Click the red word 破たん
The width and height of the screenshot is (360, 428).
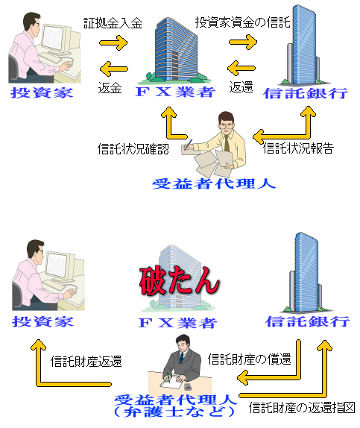[x=179, y=281]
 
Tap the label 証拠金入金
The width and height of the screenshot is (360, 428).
[x=113, y=23]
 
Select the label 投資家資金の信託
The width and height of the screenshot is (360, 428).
[x=243, y=22]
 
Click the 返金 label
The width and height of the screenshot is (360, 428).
[x=110, y=88]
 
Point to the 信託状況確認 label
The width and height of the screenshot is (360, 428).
[x=133, y=149]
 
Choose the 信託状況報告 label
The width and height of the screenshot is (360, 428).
[x=299, y=148]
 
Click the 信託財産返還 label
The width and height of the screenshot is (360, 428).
[x=86, y=362]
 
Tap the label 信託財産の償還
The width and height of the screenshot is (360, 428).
[x=250, y=359]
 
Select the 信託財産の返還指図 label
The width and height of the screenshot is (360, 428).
[x=302, y=408]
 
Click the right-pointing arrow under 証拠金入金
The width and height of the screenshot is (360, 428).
[x=113, y=43]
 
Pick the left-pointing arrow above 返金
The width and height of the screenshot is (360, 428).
[x=114, y=69]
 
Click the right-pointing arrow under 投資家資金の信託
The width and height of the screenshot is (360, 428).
[x=243, y=42]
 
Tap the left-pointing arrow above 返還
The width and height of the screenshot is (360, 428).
[x=241, y=68]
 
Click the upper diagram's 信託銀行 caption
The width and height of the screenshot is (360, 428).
[x=306, y=93]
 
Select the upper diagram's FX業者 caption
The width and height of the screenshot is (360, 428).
[x=176, y=92]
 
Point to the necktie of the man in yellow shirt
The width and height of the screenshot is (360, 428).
[x=227, y=143]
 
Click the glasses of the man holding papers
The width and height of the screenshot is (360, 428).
[x=227, y=125]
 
